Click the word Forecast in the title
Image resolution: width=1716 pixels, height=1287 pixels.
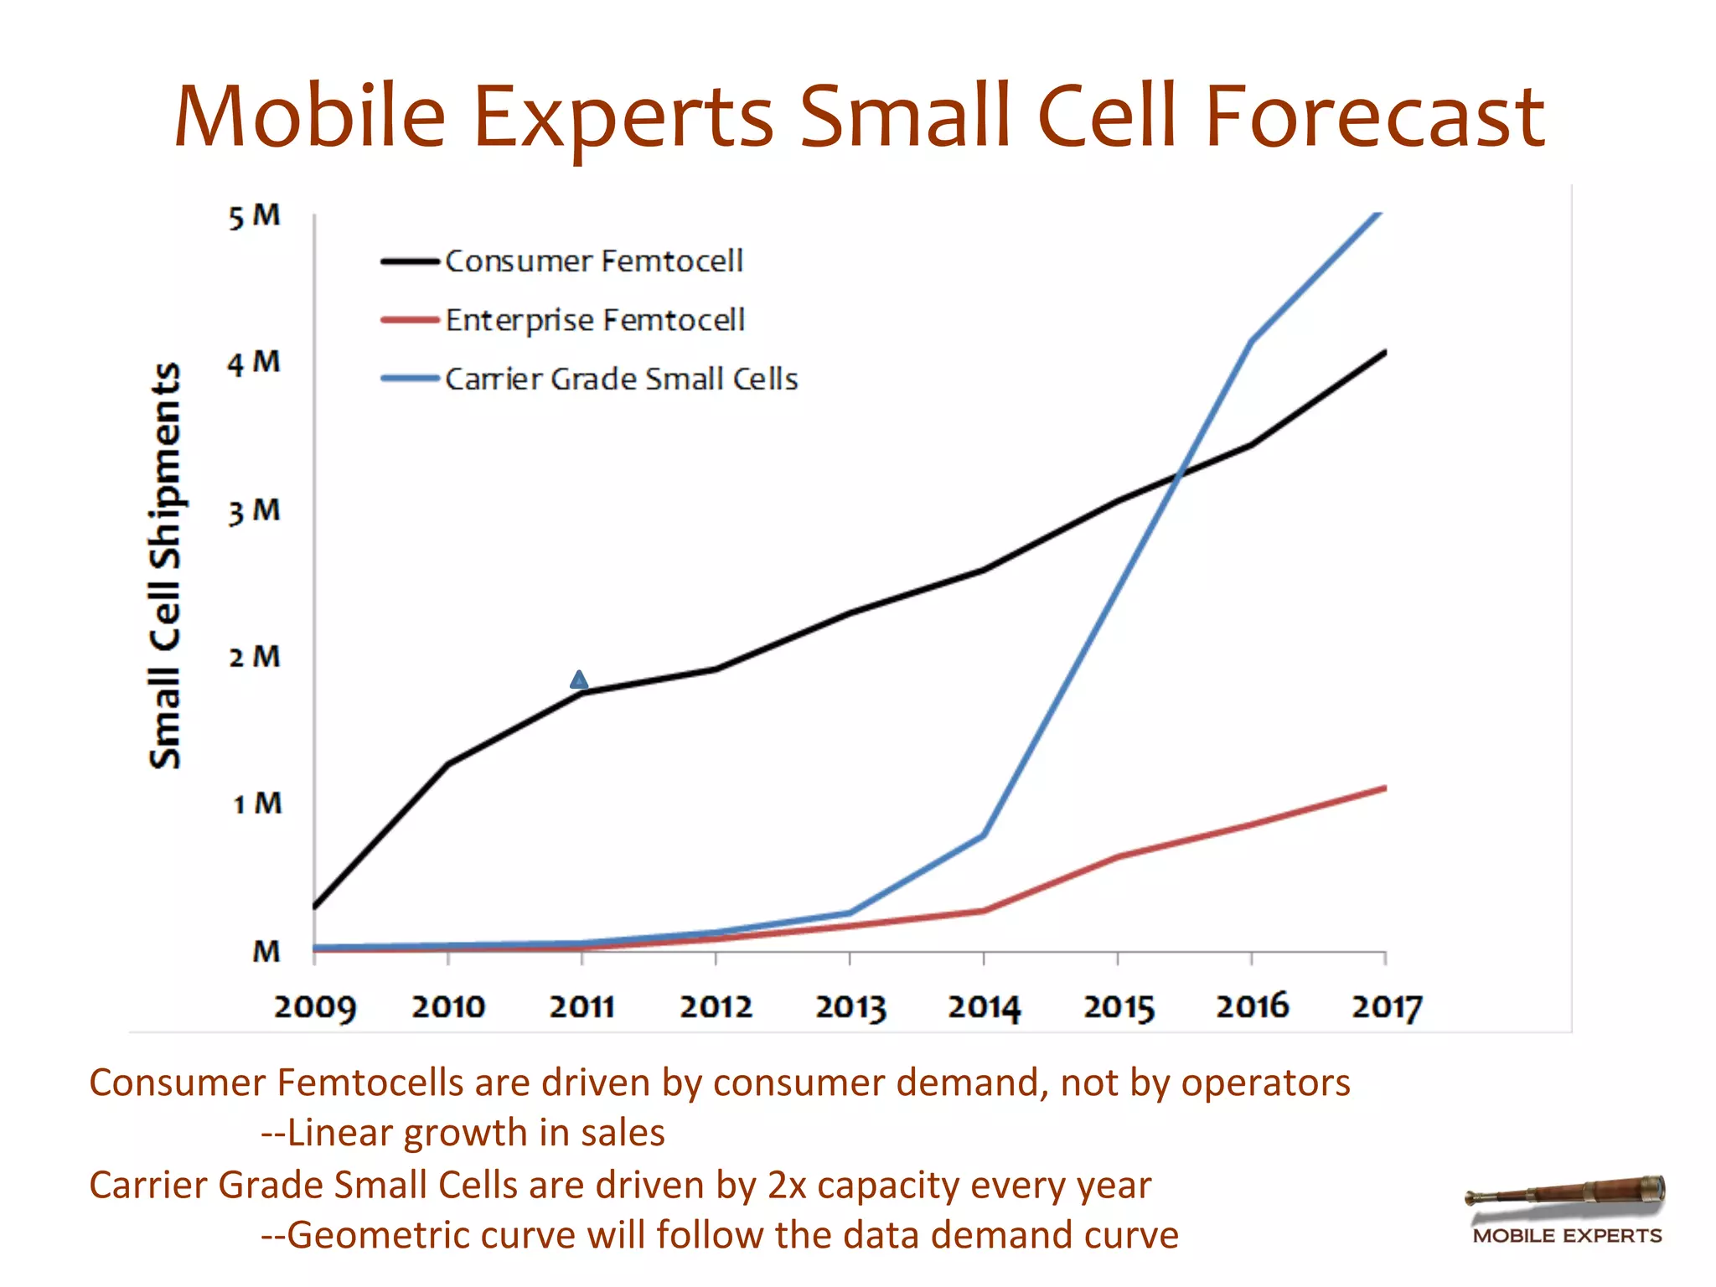[x=1374, y=117]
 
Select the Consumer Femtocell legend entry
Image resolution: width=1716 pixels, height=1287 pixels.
[x=593, y=261]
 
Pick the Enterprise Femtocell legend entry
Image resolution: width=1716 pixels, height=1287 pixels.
[x=594, y=320]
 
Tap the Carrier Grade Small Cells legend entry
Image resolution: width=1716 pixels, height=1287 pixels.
[x=620, y=379]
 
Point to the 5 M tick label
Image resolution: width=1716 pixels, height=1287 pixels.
[x=255, y=216]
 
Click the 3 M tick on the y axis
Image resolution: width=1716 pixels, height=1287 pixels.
[x=255, y=511]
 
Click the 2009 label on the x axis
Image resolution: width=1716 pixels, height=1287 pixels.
[x=315, y=1006]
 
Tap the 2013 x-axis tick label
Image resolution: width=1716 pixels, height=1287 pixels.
[x=850, y=1006]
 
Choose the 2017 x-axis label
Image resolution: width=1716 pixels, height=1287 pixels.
[x=1387, y=1006]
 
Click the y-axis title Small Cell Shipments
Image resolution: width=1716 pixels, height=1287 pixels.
[x=165, y=566]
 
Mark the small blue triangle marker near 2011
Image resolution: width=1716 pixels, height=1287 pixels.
[x=579, y=680]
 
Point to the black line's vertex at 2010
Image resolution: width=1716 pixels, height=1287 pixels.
[x=449, y=763]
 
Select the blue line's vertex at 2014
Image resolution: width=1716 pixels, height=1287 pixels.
[x=984, y=835]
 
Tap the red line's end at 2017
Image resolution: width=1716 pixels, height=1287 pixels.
[x=1384, y=788]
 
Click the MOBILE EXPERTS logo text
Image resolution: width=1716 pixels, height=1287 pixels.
[x=1567, y=1236]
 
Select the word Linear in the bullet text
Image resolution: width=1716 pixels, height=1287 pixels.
[x=339, y=1133]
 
